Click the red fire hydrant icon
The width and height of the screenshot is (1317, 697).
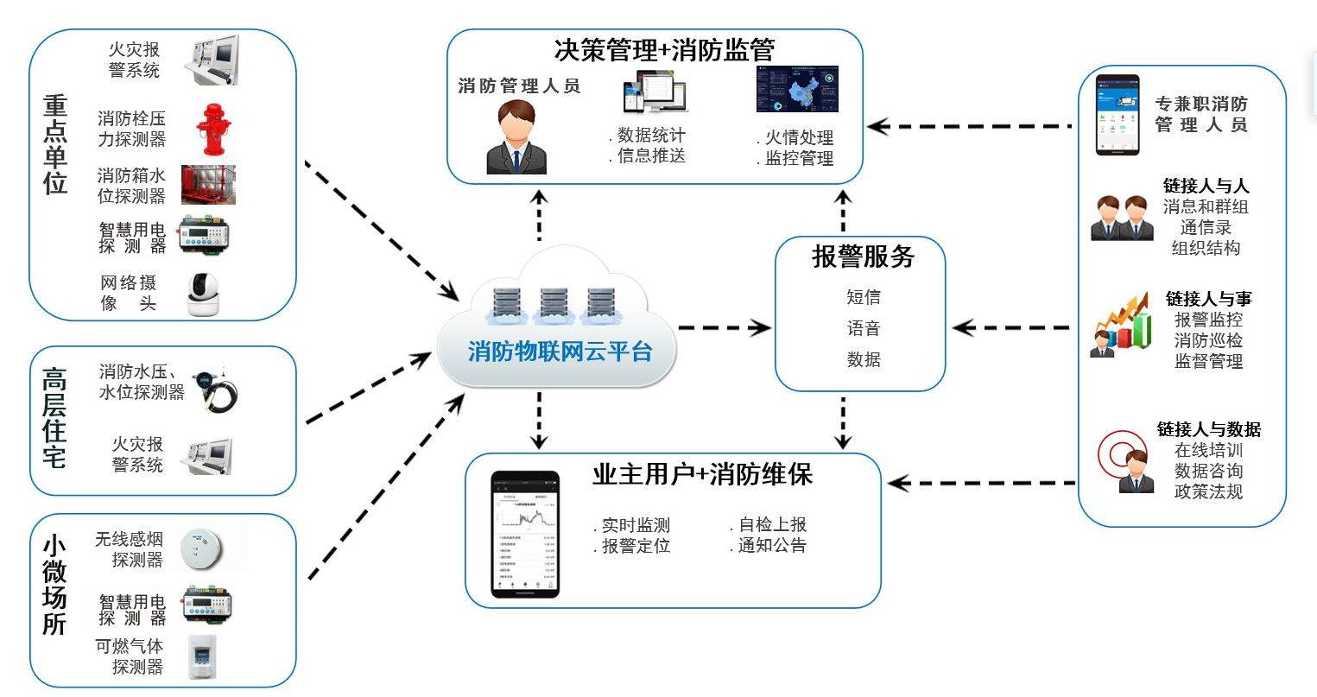[212, 130]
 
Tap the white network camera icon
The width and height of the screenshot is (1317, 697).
[204, 295]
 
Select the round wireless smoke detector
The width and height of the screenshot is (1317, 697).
[201, 548]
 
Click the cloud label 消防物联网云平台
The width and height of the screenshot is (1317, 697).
[560, 352]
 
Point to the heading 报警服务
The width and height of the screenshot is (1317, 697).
[862, 257]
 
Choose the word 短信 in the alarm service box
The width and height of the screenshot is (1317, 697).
[863, 297]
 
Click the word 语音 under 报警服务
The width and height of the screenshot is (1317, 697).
[863, 328]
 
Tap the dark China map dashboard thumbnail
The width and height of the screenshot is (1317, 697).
[797, 90]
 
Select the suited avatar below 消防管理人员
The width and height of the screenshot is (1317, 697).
[516, 138]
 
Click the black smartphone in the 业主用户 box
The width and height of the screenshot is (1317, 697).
[525, 534]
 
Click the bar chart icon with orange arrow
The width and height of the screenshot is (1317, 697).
[1123, 323]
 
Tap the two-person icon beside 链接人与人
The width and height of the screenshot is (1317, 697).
[1122, 218]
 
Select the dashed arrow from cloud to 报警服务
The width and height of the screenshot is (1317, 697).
[724, 327]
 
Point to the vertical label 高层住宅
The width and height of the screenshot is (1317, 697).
[54, 419]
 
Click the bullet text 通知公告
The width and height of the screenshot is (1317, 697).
[771, 546]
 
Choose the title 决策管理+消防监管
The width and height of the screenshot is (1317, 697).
[664, 50]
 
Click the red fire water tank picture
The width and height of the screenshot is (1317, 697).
[208, 185]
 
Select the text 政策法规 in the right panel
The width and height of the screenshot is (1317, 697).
[1207, 491]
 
